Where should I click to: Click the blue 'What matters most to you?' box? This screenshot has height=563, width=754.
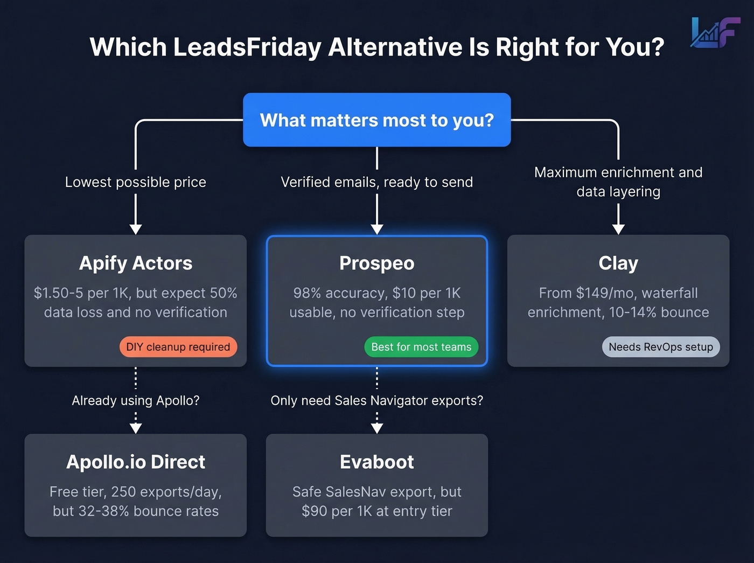pos(376,120)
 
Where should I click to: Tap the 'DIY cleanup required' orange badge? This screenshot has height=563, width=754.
pos(178,347)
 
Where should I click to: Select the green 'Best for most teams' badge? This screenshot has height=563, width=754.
pos(421,347)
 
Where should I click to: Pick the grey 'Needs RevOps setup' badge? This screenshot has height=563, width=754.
pos(660,347)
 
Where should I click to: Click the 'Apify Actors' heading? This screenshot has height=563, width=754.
pos(136,263)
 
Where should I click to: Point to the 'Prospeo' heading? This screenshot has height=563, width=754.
pos(377,263)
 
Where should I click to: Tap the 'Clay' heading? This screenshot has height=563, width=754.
pos(618,263)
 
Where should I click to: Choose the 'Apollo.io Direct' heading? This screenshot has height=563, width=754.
pos(136,462)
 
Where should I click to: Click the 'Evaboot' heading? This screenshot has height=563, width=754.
pos(377,462)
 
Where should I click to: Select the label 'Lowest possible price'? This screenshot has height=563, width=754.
pos(136,182)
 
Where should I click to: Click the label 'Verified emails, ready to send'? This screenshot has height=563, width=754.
pos(377,182)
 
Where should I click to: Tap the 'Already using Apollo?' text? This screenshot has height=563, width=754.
pos(136,400)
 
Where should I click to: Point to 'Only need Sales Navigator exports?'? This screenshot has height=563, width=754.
pos(377,400)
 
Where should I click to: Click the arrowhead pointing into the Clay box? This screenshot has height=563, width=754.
pos(618,230)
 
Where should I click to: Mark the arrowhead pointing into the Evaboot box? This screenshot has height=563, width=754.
pos(377,428)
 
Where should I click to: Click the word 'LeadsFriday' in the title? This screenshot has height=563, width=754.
pos(247,47)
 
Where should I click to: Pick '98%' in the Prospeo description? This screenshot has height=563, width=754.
pos(307,293)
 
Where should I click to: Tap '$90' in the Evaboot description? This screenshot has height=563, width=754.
pos(314,511)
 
